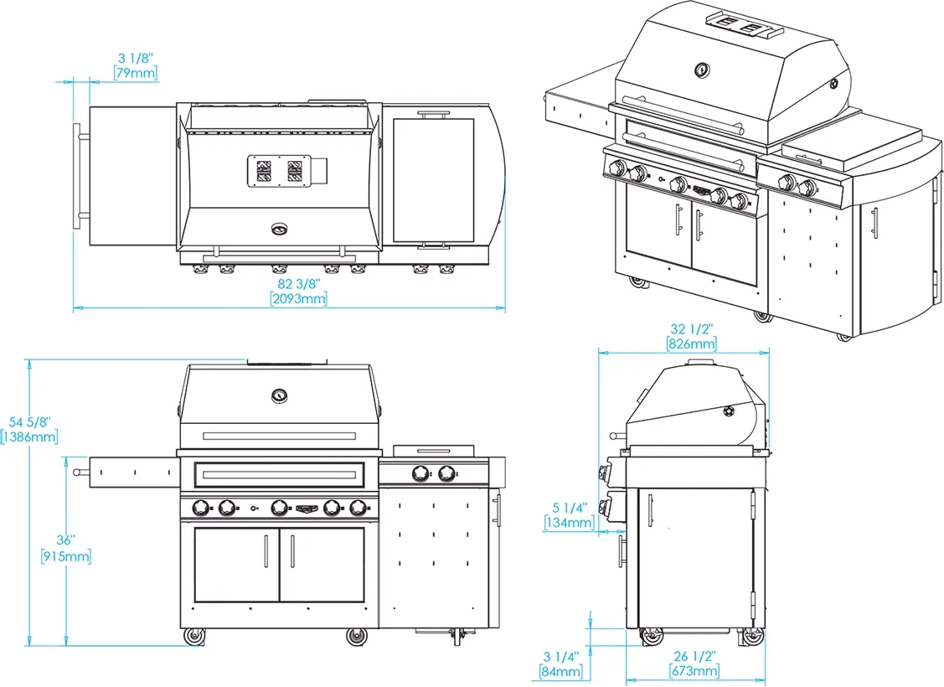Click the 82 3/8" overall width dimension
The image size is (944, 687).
point(298,283)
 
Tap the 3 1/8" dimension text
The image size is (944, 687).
point(136,59)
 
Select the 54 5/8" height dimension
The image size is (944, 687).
point(29,422)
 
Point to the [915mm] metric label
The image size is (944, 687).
point(65,556)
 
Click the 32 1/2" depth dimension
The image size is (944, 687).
point(691,329)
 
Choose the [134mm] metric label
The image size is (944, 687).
point(569,523)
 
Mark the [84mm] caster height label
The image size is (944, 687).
point(561,671)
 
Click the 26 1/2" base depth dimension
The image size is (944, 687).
point(694,656)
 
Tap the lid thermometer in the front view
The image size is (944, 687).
point(279,395)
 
